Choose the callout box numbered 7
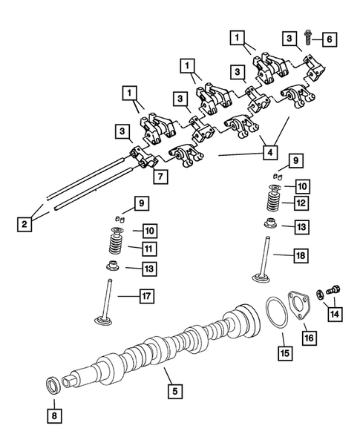coord(158,175)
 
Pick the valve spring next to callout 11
coord(115,244)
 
